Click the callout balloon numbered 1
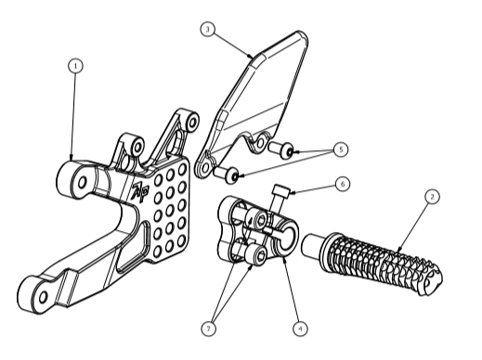[x=75, y=66]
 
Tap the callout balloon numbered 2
[x=432, y=197]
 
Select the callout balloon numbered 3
[x=208, y=29]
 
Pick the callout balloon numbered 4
[x=300, y=328]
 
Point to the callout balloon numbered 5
[x=341, y=149]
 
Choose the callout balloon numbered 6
[x=343, y=184]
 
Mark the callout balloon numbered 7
[x=208, y=328]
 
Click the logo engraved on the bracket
[x=140, y=192]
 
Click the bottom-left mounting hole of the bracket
[x=43, y=297]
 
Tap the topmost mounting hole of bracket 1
[x=193, y=123]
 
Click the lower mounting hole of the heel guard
[x=205, y=168]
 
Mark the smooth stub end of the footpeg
[x=313, y=245]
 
